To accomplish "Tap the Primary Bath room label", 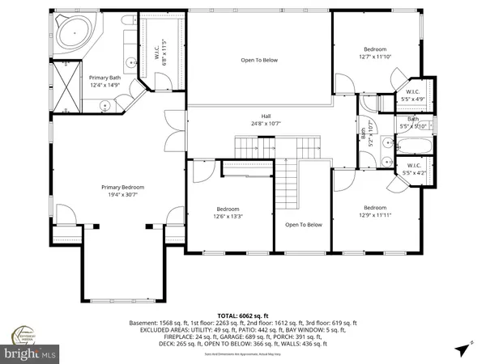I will tap(104, 81).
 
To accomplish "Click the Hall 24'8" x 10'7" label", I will tap(266, 120).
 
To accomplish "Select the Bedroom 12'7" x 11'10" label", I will tap(374, 53).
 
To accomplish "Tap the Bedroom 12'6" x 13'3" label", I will tap(228, 212).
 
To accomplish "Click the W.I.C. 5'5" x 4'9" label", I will tap(411, 95).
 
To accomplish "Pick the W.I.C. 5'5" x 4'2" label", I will tap(412, 168).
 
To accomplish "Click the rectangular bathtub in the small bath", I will tap(415, 146).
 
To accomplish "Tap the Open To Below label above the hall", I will tap(259, 60).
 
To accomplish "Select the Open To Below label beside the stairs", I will tap(303, 224).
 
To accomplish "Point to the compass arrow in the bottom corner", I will tap(462, 349).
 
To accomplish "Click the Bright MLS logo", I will tap(31, 353).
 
